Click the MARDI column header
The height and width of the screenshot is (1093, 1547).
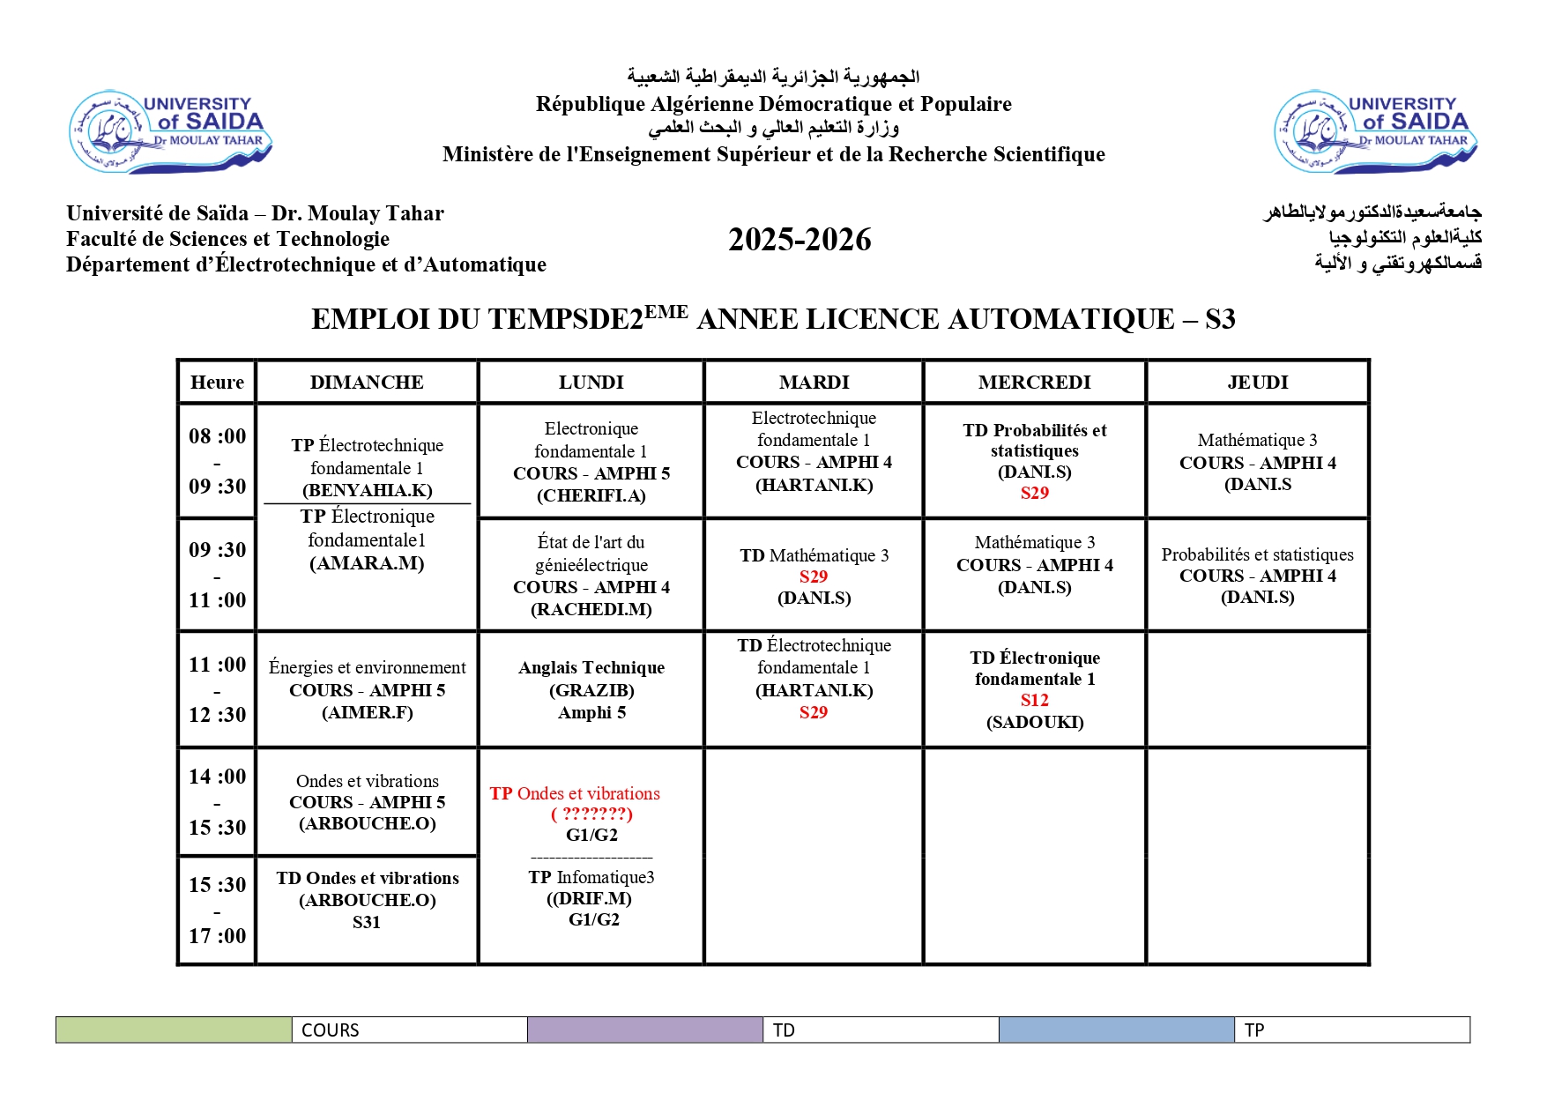coord(814,383)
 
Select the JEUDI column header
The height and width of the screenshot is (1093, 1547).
coord(1257,383)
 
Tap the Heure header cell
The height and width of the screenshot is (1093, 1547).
coord(217,383)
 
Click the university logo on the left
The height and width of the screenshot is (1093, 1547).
coord(171,131)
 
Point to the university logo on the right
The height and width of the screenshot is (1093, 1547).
coord(1376,131)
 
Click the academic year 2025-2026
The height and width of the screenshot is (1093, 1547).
coord(800,240)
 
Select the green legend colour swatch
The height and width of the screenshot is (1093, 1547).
coord(174,1030)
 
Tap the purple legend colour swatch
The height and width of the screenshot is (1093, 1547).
coord(645,1030)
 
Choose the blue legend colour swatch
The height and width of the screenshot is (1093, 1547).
coord(1117,1030)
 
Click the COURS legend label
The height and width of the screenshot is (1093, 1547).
coord(331,1030)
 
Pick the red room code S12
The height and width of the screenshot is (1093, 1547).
coord(1034,701)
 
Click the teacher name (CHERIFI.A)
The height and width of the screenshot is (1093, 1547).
coord(591,496)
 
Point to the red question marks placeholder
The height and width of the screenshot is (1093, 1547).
coord(591,814)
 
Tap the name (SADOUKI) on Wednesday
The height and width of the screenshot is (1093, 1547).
coord(1035,723)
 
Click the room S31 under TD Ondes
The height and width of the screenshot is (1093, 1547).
coord(367,923)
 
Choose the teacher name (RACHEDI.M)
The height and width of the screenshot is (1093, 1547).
coord(591,609)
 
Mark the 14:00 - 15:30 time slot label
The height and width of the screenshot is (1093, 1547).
coord(217,801)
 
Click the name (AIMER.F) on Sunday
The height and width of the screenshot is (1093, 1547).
coord(367,712)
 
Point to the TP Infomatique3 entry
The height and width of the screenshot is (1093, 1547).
coord(591,877)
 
